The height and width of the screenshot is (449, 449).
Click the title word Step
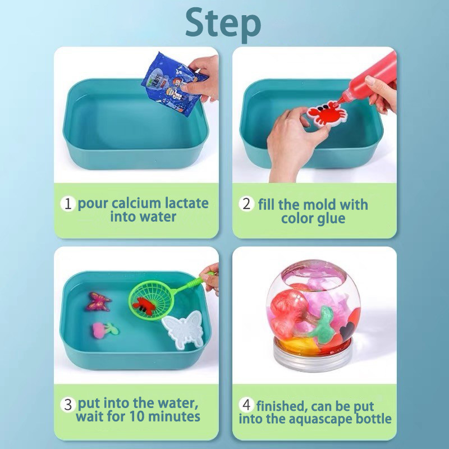click(x=223, y=24)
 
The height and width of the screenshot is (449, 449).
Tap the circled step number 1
click(x=68, y=204)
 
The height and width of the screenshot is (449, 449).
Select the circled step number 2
click(x=246, y=204)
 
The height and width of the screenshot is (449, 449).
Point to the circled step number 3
click(x=68, y=404)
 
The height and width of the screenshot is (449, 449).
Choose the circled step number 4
click(x=246, y=405)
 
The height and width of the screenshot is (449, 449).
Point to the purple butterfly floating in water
click(x=98, y=302)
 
